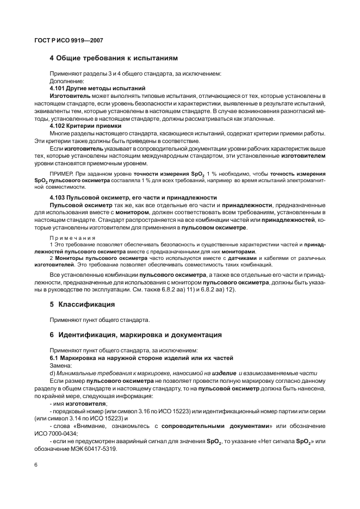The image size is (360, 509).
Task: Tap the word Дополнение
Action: tap(67, 80)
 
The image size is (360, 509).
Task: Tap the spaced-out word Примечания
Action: tap(72, 238)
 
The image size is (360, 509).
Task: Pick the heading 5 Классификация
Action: tap(82, 304)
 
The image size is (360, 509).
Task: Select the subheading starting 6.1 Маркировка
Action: tap(141, 358)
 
